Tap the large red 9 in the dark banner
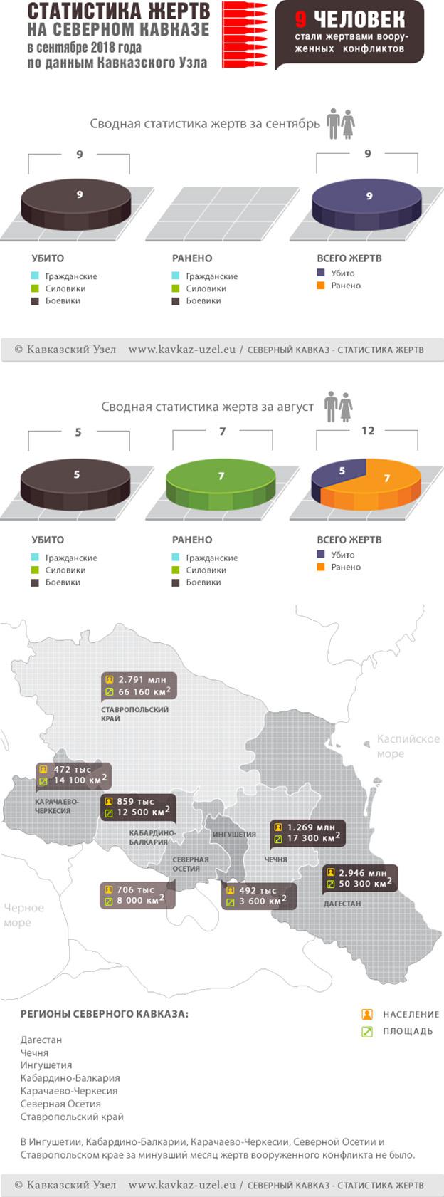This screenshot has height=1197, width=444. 301,20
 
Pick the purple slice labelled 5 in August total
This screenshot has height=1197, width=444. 339,473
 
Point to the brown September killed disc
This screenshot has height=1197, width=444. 77,201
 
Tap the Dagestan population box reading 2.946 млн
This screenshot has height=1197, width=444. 361,878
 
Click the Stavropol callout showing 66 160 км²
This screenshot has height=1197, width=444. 139,686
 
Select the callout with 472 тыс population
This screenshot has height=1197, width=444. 73,775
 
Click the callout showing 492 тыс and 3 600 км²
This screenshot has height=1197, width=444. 258,896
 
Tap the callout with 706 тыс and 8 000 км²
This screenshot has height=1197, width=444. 136,895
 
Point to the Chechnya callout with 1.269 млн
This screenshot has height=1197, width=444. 307,832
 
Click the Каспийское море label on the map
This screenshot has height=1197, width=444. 408,746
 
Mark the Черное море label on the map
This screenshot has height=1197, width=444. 23,915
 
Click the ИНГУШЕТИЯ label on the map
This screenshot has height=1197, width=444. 234,835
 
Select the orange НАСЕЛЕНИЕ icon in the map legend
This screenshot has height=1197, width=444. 367,1014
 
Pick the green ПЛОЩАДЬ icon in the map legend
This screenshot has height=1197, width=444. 367,1031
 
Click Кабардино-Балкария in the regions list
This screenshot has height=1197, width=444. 70,1078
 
